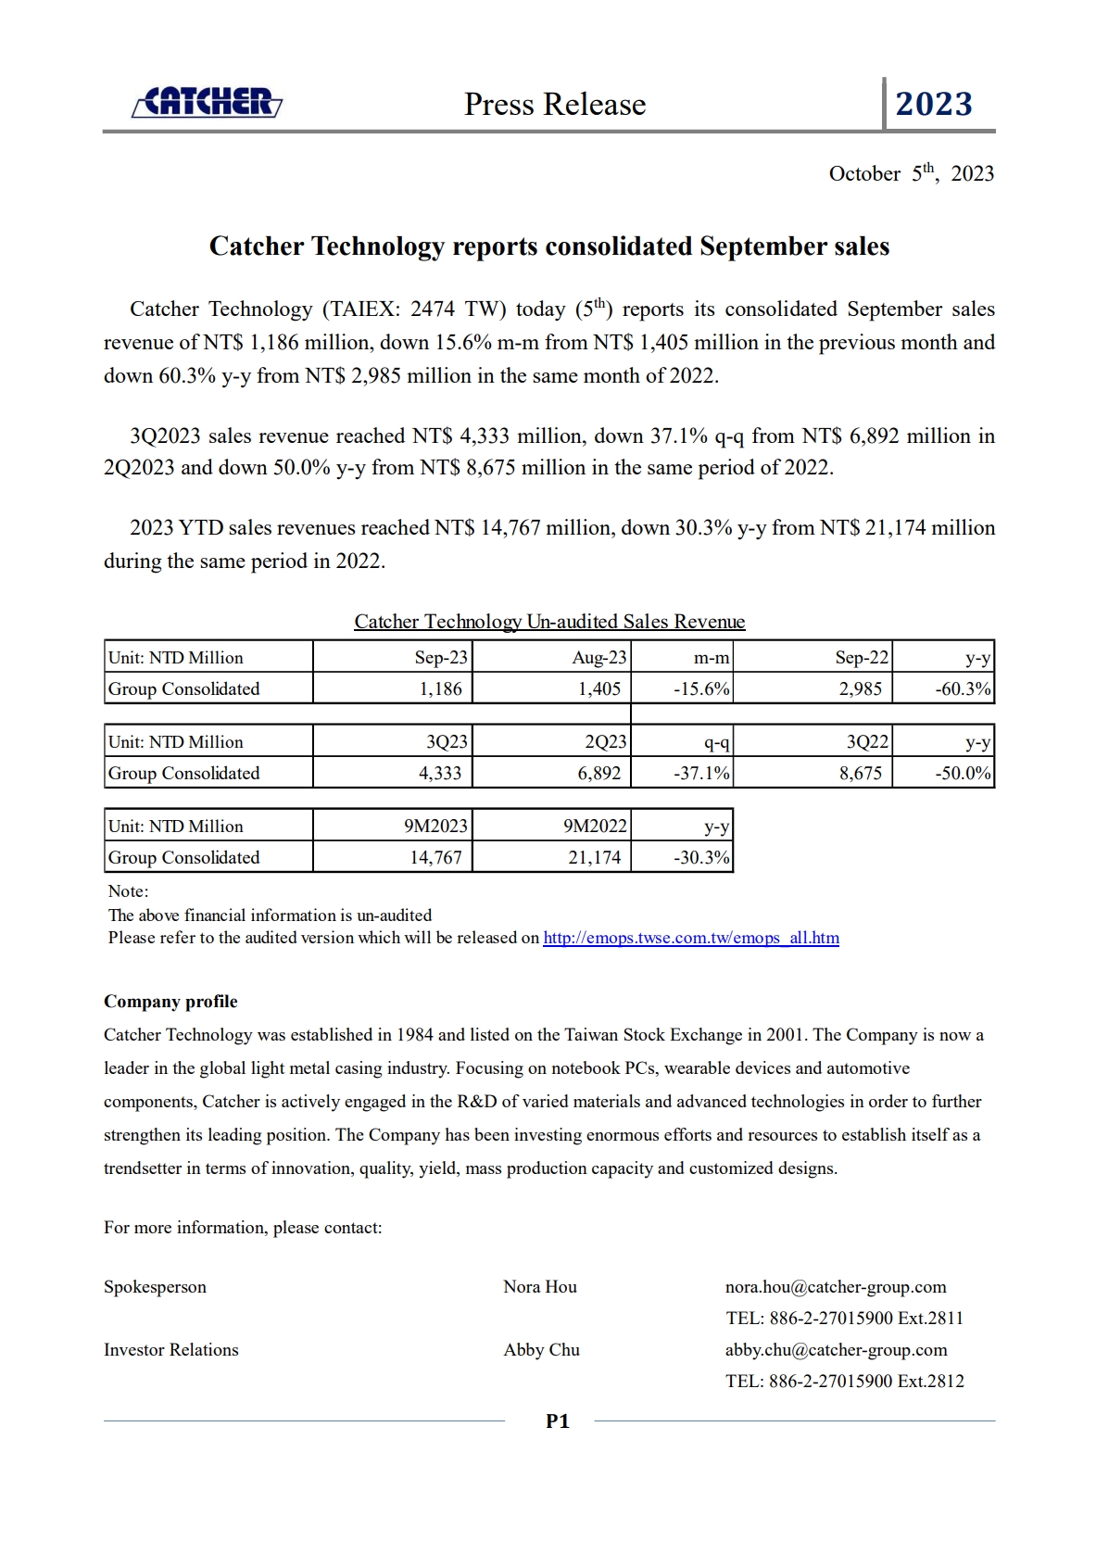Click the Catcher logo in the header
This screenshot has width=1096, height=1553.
pyautogui.click(x=207, y=102)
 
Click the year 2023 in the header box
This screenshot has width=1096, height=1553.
pyautogui.click(x=934, y=104)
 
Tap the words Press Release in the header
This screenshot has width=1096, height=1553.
pyautogui.click(x=555, y=104)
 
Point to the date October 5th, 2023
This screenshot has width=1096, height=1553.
pyautogui.click(x=911, y=173)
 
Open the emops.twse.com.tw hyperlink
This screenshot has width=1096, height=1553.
pyautogui.click(x=691, y=938)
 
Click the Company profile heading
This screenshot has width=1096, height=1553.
pyautogui.click(x=170, y=1001)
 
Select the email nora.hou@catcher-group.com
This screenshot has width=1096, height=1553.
pyautogui.click(x=836, y=1286)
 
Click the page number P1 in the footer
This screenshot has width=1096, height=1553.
pyautogui.click(x=558, y=1420)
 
